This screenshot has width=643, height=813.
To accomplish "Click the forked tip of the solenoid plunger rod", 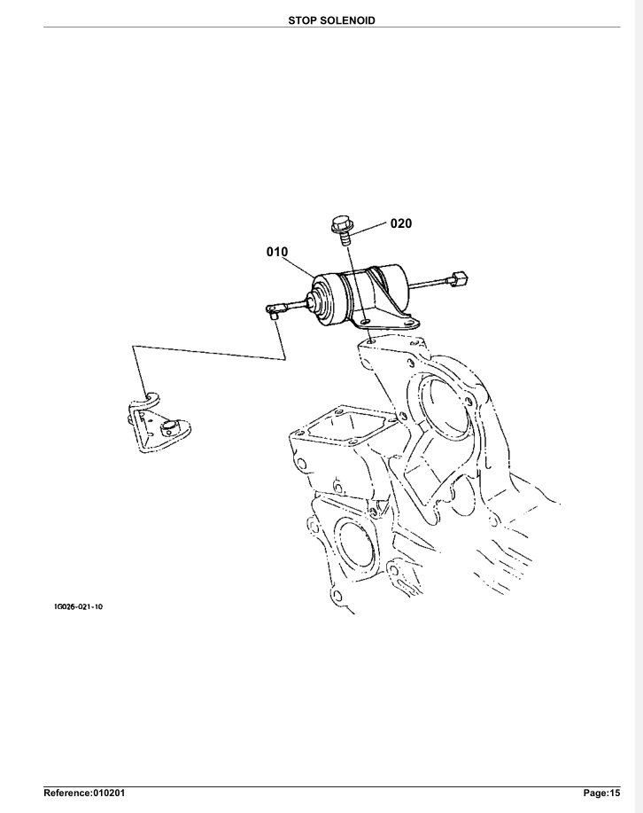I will [274, 309].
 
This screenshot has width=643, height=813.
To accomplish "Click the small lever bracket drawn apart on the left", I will [156, 424].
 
